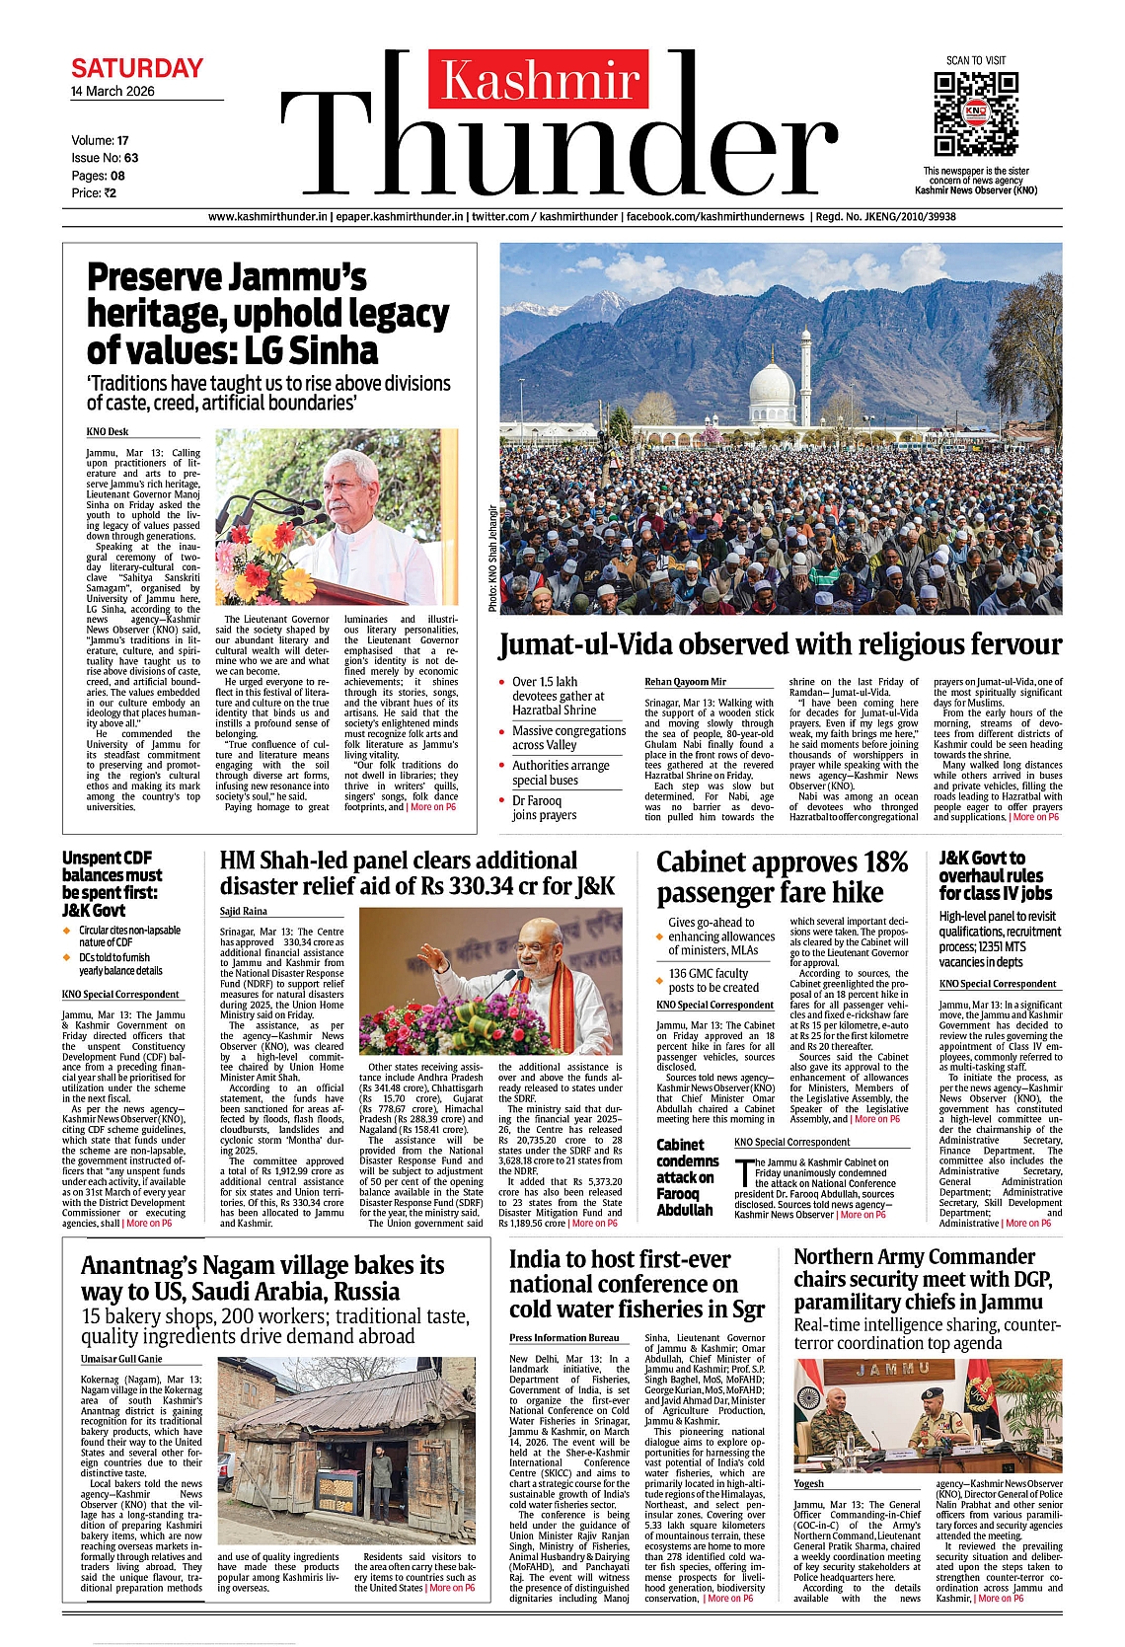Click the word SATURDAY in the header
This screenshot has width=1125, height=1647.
(137, 68)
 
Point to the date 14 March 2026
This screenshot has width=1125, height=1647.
(112, 91)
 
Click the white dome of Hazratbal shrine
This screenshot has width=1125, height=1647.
(772, 387)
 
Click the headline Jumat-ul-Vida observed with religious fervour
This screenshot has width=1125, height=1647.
(780, 644)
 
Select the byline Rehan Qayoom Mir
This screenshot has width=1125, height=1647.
(685, 682)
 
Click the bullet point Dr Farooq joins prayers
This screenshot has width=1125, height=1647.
(537, 807)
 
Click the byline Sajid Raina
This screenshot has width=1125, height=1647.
(243, 911)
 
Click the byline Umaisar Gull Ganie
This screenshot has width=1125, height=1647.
(121, 1359)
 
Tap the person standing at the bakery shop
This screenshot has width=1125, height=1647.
(380, 1470)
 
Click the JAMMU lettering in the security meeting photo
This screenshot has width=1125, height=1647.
(892, 1369)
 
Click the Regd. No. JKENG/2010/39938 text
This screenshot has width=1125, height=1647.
(885, 216)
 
